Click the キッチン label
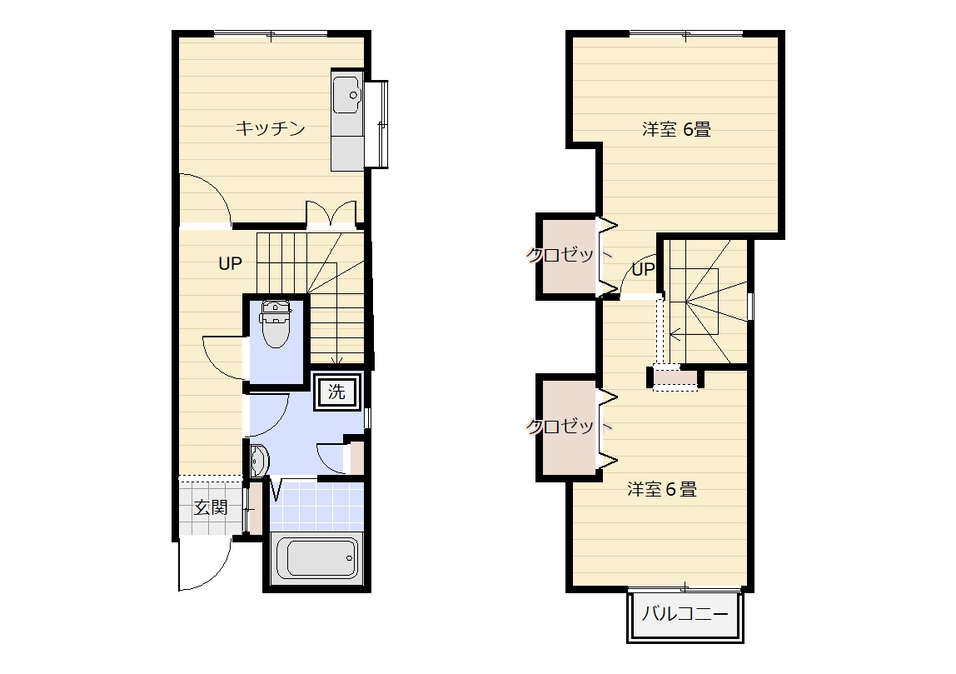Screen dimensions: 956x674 (x=270, y=128)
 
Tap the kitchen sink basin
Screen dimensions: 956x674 (x=347, y=94)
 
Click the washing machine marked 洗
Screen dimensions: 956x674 (x=337, y=392)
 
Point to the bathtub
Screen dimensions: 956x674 (x=316, y=557)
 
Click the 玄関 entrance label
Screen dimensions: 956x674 (x=211, y=507)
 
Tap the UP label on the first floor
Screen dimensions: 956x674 (x=231, y=263)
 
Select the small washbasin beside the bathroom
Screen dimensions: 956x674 (x=258, y=461)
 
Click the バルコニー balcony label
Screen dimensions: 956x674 (x=685, y=613)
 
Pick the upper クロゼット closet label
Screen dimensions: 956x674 (x=569, y=254)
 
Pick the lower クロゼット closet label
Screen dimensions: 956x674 (x=569, y=426)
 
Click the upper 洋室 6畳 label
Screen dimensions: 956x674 (x=677, y=129)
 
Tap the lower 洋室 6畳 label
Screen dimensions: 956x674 (x=662, y=489)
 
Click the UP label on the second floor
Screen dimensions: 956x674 (x=643, y=269)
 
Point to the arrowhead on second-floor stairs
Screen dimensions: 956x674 (x=673, y=334)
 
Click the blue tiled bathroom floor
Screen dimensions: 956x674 (x=316, y=507)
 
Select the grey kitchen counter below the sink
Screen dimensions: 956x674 (x=347, y=152)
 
